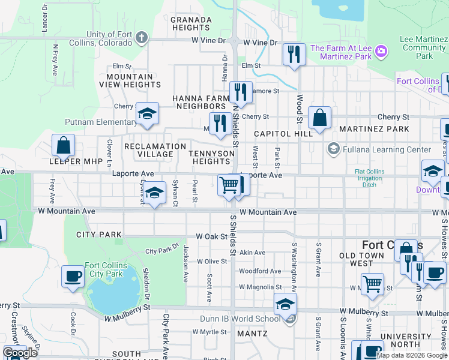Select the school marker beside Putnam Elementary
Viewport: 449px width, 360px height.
(146, 114)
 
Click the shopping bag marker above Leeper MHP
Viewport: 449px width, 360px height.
(63, 145)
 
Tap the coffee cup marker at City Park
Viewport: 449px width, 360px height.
(73, 277)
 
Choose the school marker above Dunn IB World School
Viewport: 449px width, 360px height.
(286, 304)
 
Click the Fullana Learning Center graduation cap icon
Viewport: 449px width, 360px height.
(333, 148)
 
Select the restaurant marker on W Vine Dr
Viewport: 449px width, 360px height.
(294, 54)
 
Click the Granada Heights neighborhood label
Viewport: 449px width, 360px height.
(191, 23)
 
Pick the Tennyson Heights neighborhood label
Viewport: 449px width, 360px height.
(210, 157)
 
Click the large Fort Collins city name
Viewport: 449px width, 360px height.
(393, 245)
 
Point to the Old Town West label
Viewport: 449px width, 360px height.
(365, 259)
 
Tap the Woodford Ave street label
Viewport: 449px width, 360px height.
(260, 271)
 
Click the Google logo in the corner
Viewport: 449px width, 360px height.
(20, 353)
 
